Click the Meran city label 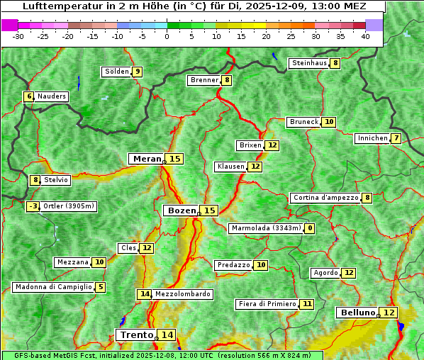(146, 159)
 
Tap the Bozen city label (180, 210)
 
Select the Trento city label (136, 334)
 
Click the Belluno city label (357, 313)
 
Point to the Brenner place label (204, 80)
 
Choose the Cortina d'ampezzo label (325, 198)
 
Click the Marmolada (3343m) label (266, 228)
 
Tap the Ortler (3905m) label (68, 206)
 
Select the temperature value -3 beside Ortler (33, 206)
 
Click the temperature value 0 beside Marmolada (310, 228)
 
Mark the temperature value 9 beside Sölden (138, 72)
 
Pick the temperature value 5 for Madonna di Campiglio (101, 287)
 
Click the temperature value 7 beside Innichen (396, 138)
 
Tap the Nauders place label (52, 96)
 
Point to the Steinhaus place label (309, 63)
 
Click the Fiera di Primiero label (267, 304)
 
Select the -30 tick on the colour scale (18, 36)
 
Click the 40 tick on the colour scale (364, 36)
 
